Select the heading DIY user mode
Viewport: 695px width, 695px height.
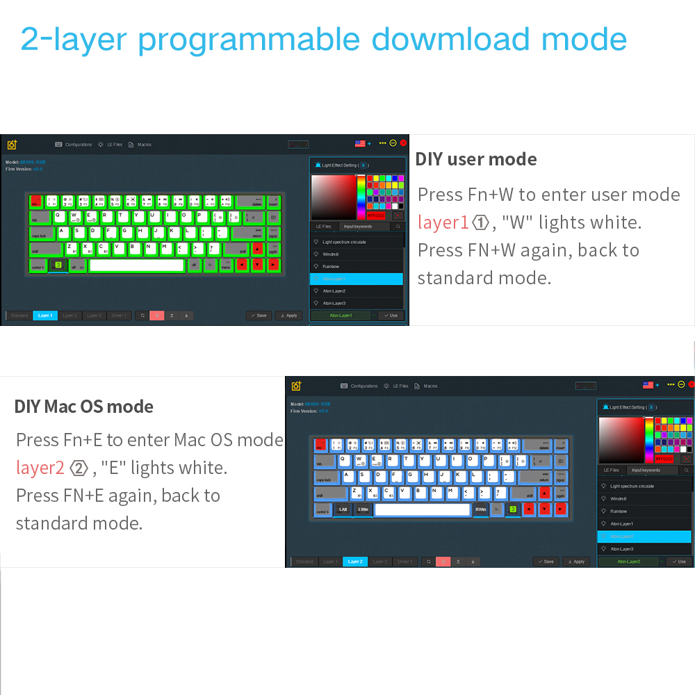pyautogui.click(x=476, y=159)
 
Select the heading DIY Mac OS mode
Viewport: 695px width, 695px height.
pyautogui.click(x=84, y=407)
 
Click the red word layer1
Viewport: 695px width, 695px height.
pyautogui.click(x=443, y=222)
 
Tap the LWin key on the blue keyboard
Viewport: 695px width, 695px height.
pyautogui.click(x=363, y=509)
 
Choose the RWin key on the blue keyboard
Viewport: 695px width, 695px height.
pyautogui.click(x=481, y=509)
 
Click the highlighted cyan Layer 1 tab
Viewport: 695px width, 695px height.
pyautogui.click(x=45, y=316)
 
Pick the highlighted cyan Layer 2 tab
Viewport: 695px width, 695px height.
pyautogui.click(x=355, y=562)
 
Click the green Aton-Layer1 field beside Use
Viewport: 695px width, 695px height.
pyautogui.click(x=341, y=316)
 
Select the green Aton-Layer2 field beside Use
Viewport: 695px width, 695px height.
pyautogui.click(x=629, y=562)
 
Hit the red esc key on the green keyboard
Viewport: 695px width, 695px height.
pyautogui.click(x=35, y=202)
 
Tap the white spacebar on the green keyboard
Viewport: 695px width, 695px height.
pyautogui.click(x=136, y=265)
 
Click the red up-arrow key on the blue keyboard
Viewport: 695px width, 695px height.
pyautogui.click(x=543, y=494)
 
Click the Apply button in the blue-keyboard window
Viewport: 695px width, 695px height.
pyautogui.click(x=576, y=562)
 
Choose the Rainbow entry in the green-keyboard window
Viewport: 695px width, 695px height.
pyautogui.click(x=331, y=266)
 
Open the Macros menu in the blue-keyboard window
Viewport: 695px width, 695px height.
pyautogui.click(x=430, y=386)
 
